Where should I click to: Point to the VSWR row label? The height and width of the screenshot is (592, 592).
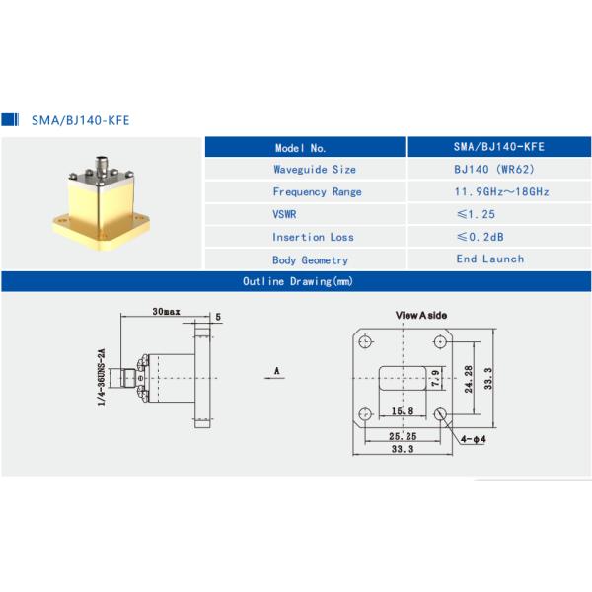coord(286,214)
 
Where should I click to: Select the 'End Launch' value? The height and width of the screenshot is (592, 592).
coord(489,259)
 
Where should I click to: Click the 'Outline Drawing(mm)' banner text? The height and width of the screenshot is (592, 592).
coord(297,282)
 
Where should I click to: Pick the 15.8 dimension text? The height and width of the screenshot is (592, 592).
coord(401,409)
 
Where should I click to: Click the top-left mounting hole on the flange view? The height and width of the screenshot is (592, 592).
coord(365,342)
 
